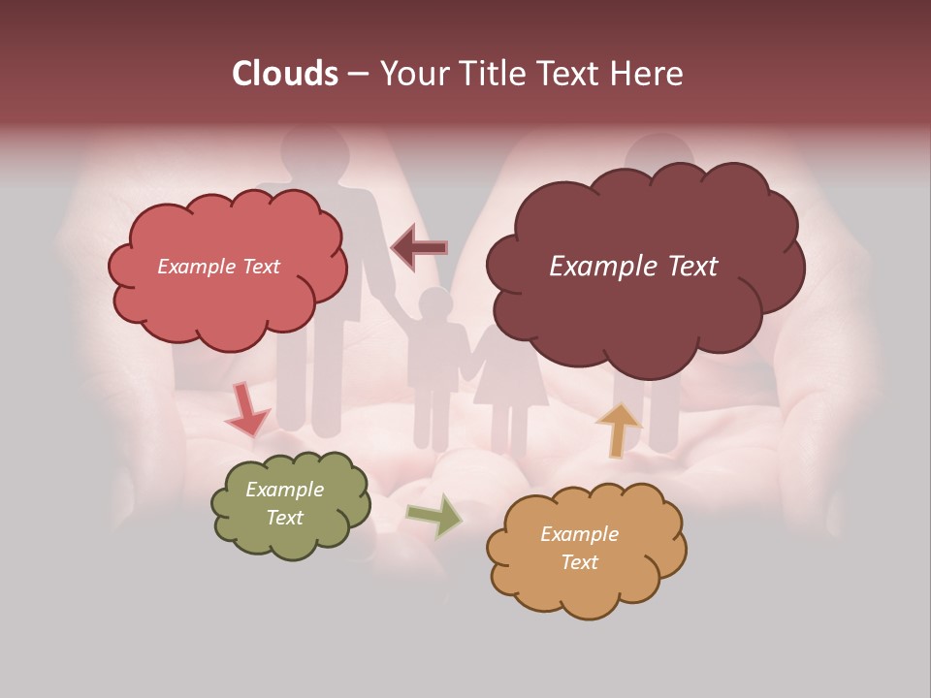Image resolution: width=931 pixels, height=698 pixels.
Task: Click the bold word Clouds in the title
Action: coord(285,74)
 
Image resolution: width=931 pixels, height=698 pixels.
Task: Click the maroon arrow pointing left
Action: coord(420,248)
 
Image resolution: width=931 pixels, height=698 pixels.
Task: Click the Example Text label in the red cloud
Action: coord(218,267)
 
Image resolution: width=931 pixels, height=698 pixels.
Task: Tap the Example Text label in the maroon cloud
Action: coord(633,267)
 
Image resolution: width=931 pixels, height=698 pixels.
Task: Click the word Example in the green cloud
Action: coord(284,490)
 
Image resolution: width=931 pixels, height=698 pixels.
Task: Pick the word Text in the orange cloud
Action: coord(579,562)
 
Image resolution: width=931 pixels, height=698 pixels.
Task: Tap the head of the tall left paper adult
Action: coord(316,150)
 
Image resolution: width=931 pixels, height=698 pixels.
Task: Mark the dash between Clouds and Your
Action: coord(357,75)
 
